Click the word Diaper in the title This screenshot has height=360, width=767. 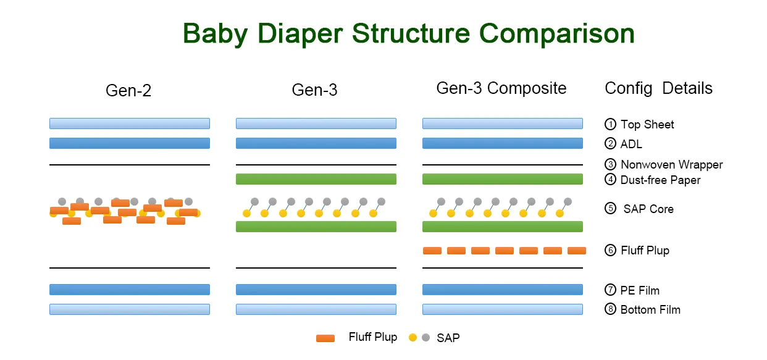300,34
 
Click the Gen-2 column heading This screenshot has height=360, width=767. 128,90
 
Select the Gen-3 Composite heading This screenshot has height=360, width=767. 501,88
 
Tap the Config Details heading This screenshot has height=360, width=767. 658,88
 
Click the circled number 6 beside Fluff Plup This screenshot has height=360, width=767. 610,250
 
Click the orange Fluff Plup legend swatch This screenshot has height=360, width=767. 325,338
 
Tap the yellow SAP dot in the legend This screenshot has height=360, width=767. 413,338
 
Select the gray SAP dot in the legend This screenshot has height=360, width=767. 425,338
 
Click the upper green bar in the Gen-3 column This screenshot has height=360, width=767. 316,179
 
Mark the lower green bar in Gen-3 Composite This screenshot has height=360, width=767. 503,227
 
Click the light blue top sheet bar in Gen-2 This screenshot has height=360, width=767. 130,123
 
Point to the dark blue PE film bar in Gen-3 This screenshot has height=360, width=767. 316,290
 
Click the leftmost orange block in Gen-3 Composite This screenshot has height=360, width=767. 432,251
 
